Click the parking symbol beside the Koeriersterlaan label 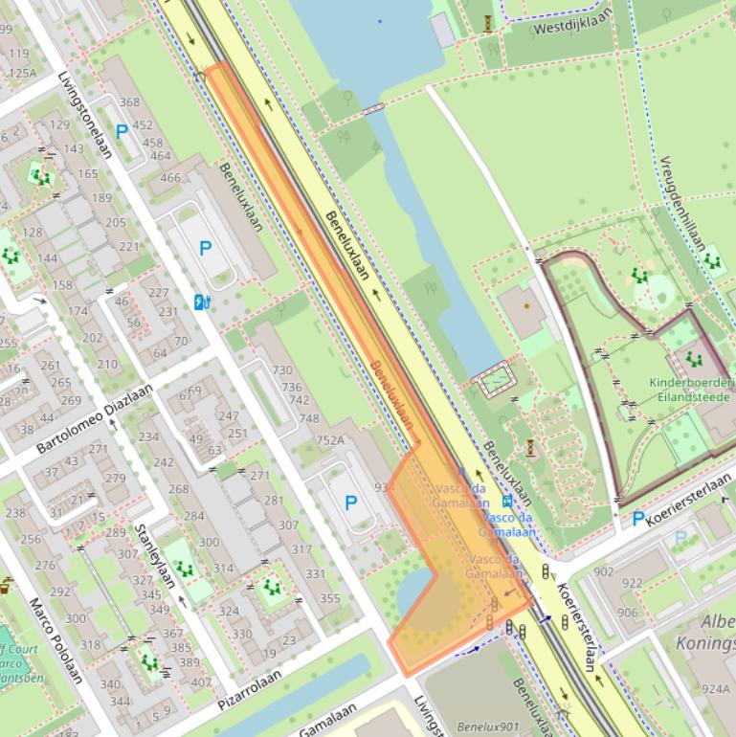pyautogui.click(x=638, y=519)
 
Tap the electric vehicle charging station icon pyautogui.click(x=202, y=302)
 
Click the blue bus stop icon pyautogui.click(x=506, y=501)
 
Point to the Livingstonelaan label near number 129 pyautogui.click(x=85, y=115)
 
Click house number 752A pyautogui.click(x=329, y=440)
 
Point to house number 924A pyautogui.click(x=715, y=687)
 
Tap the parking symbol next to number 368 pyautogui.click(x=122, y=132)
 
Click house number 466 pyautogui.click(x=169, y=177)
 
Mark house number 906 pyautogui.click(x=627, y=613)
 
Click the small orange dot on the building pyautogui.click(x=525, y=306)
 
